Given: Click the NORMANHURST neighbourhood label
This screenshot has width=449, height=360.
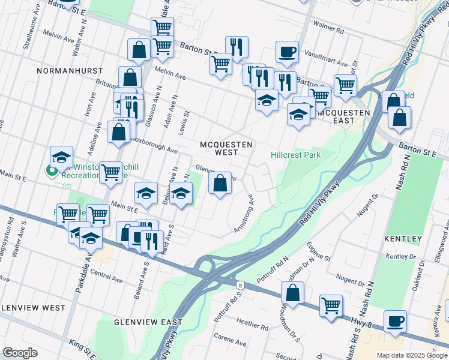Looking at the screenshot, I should [x=65, y=70].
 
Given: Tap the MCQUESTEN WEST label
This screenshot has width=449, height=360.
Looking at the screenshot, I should [x=226, y=148].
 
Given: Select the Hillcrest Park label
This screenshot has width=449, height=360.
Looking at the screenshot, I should [x=295, y=155].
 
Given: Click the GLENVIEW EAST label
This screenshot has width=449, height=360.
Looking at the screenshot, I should [x=148, y=322].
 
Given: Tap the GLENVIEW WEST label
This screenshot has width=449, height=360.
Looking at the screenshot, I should [x=32, y=307].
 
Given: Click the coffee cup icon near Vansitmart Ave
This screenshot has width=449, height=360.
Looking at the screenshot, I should [x=287, y=51].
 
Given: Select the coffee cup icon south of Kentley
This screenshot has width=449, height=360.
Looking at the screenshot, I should [x=395, y=320].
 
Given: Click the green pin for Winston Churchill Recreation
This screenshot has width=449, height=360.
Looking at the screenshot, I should [x=52, y=172].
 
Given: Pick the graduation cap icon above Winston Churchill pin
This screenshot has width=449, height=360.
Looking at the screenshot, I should [x=61, y=157].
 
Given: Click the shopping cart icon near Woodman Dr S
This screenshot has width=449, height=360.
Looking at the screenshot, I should [x=331, y=305].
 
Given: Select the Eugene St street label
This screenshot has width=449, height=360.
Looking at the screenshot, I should [x=319, y=250].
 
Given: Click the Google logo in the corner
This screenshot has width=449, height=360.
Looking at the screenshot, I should [x=20, y=352].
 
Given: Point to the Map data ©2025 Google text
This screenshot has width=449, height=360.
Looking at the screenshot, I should [x=412, y=355].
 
